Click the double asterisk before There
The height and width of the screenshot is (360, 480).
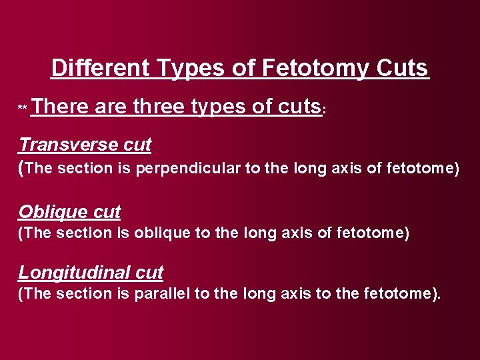pyautogui.click(x=23, y=109)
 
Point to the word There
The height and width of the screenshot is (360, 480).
pyautogui.click(x=59, y=106)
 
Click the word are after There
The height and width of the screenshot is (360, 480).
pyautogui.click(x=112, y=106)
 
